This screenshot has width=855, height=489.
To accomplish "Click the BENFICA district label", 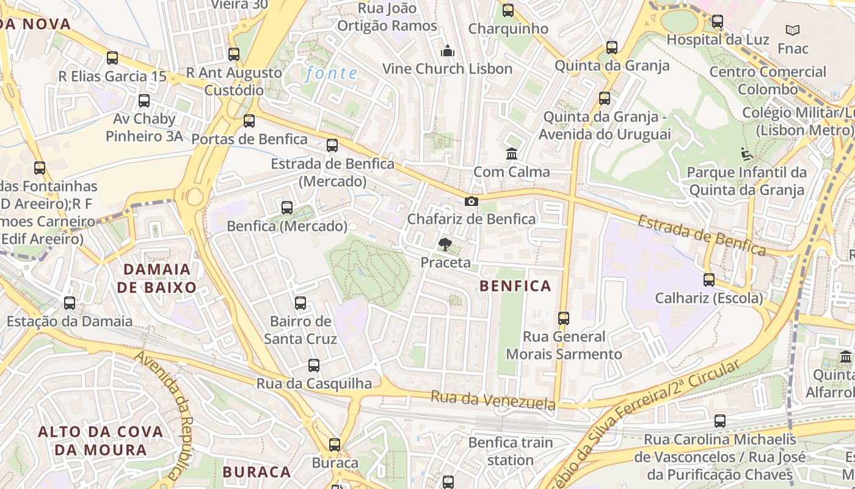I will pyautogui.click(x=515, y=285).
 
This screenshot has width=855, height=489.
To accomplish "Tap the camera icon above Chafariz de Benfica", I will pyautogui.click(x=471, y=201).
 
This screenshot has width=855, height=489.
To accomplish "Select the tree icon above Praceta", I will pyautogui.click(x=445, y=244).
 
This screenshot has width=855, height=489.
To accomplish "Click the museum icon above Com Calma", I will pyautogui.click(x=512, y=153).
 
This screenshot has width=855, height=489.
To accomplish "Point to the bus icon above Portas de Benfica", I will pyautogui.click(x=249, y=121).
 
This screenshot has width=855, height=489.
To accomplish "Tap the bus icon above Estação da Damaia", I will pyautogui.click(x=70, y=303).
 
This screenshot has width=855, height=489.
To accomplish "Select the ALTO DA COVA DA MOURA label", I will pyautogui.click(x=101, y=441).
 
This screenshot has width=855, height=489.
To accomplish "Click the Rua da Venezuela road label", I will pyautogui.click(x=493, y=401).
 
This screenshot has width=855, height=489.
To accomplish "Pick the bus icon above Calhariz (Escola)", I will pyautogui.click(x=708, y=280).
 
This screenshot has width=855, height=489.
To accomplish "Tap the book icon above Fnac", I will pyautogui.click(x=793, y=30).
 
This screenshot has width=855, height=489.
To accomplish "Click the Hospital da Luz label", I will pyautogui.click(x=718, y=39).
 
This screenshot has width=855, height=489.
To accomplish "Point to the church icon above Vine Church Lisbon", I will pyautogui.click(x=448, y=50).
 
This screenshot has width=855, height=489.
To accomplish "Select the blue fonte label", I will pyautogui.click(x=332, y=73).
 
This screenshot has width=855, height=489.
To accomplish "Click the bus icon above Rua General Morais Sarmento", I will pyautogui.click(x=564, y=318).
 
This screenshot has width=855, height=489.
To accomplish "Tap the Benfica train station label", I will pyautogui.click(x=511, y=450).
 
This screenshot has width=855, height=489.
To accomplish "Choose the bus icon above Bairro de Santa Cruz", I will pyautogui.click(x=300, y=303).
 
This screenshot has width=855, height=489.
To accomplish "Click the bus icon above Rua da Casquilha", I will pyautogui.click(x=314, y=366).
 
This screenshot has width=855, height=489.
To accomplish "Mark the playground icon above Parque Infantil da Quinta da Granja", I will pyautogui.click(x=746, y=153).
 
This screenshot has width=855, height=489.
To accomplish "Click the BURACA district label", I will pyautogui.click(x=256, y=472).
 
